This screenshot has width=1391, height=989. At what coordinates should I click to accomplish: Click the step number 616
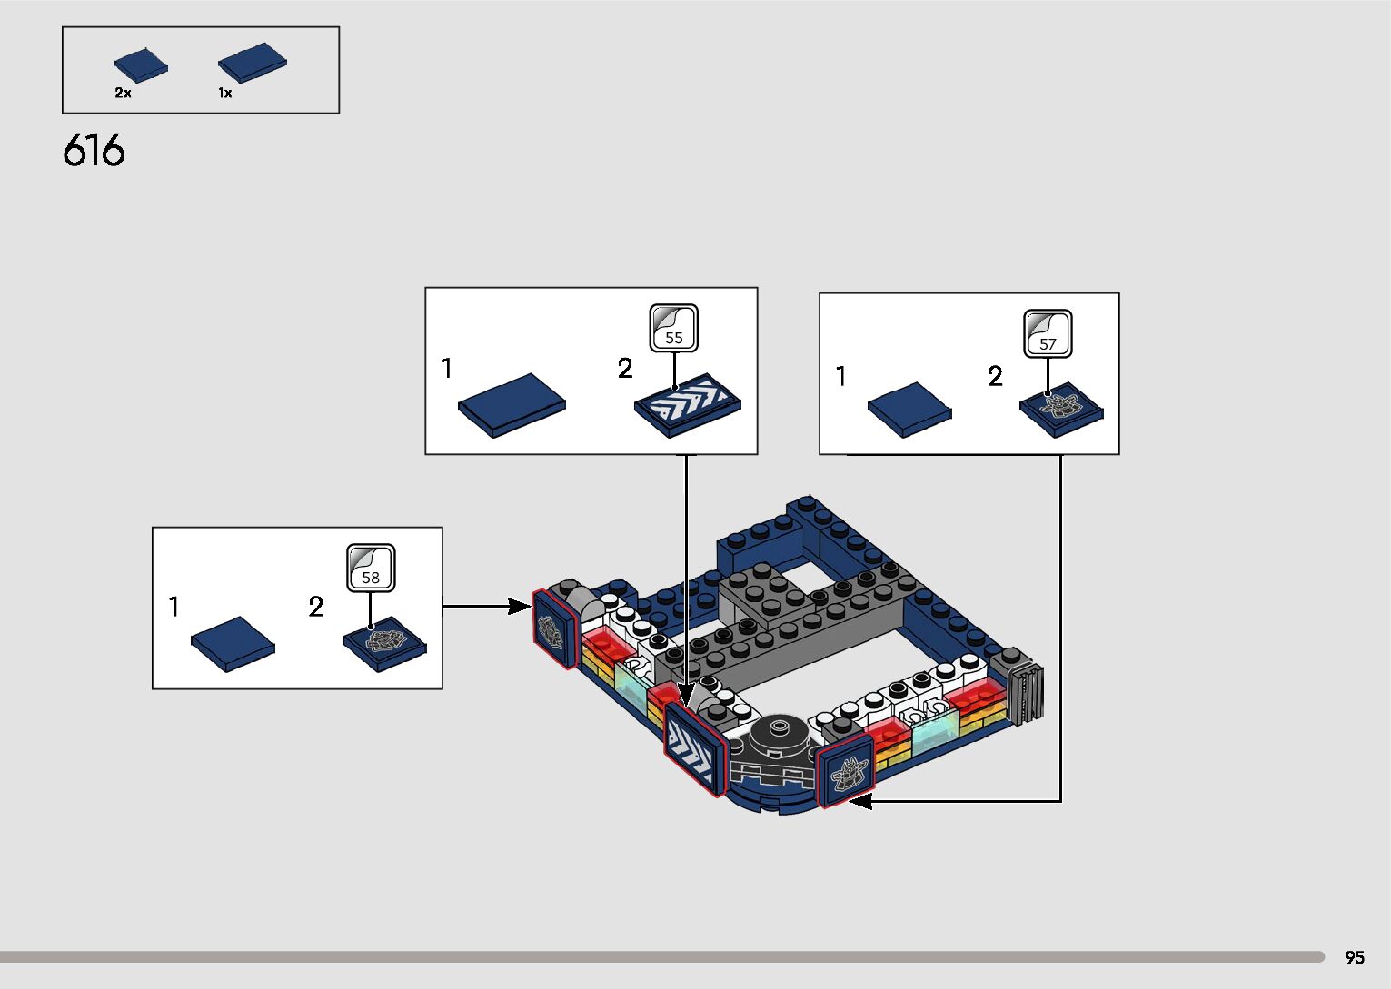point(94,151)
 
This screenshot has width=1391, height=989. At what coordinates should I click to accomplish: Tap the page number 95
point(1355,956)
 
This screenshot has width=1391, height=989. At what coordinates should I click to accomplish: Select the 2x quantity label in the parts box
point(123,94)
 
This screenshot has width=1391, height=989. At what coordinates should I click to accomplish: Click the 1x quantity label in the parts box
point(224,94)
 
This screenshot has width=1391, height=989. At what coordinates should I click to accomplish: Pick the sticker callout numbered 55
point(674,329)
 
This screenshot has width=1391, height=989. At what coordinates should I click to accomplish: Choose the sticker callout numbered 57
point(1048,334)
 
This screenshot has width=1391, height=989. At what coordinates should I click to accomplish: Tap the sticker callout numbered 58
point(371,569)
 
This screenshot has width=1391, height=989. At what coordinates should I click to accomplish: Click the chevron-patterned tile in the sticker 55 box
point(688,405)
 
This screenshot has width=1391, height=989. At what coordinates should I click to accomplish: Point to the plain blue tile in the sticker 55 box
point(512,405)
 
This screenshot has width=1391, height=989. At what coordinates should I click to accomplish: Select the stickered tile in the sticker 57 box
point(1061,410)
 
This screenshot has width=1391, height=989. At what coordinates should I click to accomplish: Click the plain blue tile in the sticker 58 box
point(233,644)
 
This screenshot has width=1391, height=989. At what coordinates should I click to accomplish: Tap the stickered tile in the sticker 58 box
point(384,644)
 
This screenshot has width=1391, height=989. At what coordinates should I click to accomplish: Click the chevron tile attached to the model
point(695,748)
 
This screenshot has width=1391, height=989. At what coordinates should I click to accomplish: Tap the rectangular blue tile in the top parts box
point(253,63)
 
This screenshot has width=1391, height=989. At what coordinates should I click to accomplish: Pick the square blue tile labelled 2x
point(141,65)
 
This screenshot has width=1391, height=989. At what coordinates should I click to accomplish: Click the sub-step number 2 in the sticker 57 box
point(995,376)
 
